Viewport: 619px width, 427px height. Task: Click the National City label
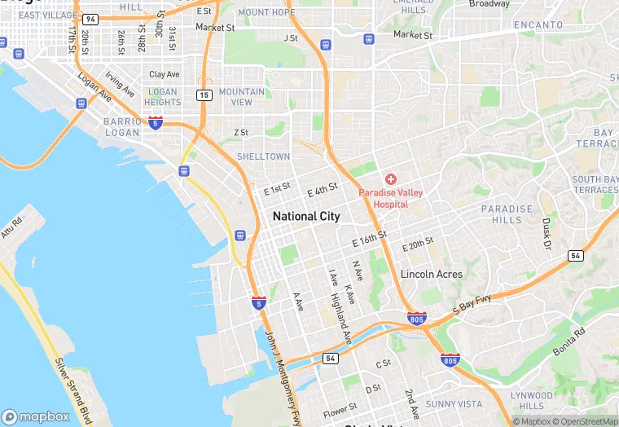pos(306,216)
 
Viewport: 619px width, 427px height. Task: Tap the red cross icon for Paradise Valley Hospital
pos(391,178)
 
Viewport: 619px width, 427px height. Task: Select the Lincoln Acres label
pos(432,275)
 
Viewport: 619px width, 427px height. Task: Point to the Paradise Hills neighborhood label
pos(507,214)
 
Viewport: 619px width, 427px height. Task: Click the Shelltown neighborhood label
pos(263,156)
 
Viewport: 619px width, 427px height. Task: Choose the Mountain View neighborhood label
pos(242,97)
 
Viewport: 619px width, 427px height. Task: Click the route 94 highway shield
pos(90,18)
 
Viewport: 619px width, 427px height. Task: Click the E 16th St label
pos(370,239)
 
